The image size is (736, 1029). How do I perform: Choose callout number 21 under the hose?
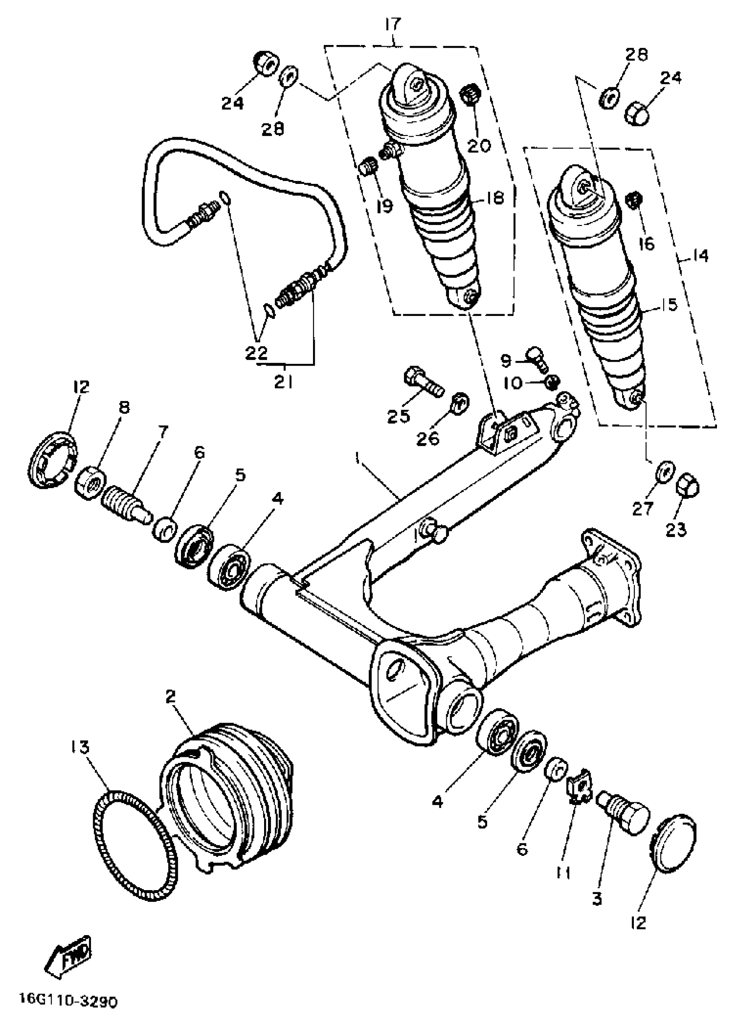coord(283,383)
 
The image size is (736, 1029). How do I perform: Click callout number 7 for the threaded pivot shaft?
coord(162,430)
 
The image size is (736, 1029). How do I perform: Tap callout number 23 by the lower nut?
coord(676,528)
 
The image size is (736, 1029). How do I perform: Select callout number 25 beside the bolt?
coord(398,416)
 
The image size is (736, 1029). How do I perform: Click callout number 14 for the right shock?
coord(700,256)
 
